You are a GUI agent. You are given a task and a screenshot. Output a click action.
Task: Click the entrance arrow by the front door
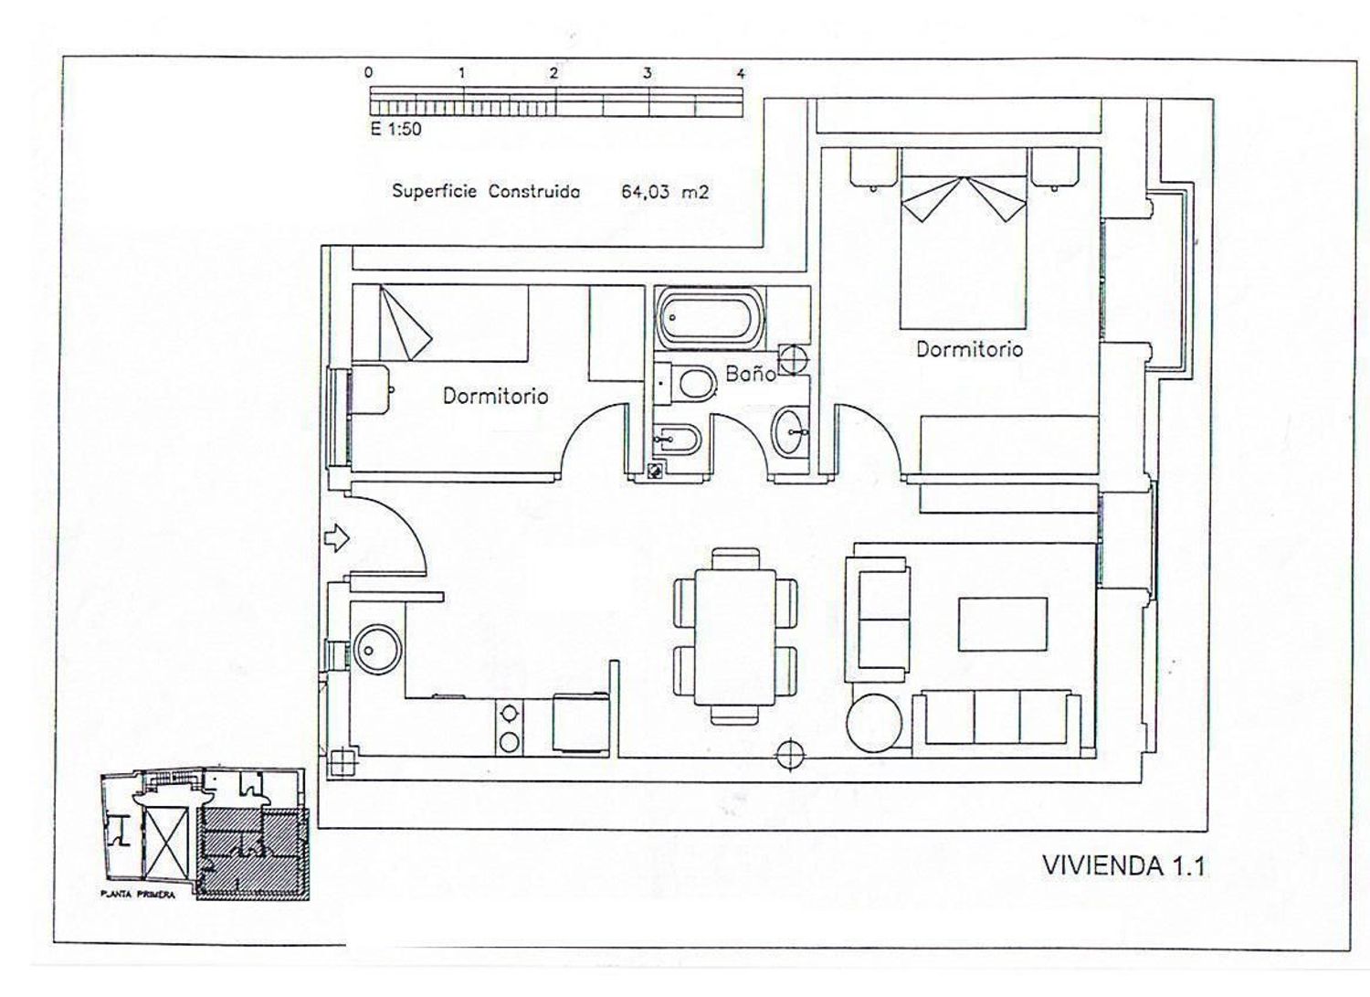click(336, 538)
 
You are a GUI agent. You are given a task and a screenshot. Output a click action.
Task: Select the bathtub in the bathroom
click(710, 320)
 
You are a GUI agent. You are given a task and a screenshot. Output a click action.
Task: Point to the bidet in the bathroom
click(677, 440)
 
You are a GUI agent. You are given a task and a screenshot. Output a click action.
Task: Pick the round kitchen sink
click(377, 650)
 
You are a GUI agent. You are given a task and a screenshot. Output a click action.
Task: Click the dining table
click(735, 637)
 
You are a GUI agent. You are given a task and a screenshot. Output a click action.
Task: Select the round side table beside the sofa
click(875, 723)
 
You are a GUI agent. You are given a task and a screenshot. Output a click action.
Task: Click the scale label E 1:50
click(395, 129)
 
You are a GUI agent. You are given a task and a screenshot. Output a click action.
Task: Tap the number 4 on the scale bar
click(742, 74)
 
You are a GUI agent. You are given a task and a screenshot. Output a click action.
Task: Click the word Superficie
click(434, 191)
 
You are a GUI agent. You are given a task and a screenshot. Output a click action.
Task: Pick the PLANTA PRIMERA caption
click(138, 895)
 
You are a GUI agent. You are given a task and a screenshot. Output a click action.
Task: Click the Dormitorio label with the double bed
click(969, 349)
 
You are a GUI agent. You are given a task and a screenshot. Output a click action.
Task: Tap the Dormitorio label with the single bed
click(495, 396)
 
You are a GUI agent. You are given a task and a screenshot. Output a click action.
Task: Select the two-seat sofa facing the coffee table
click(877, 620)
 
